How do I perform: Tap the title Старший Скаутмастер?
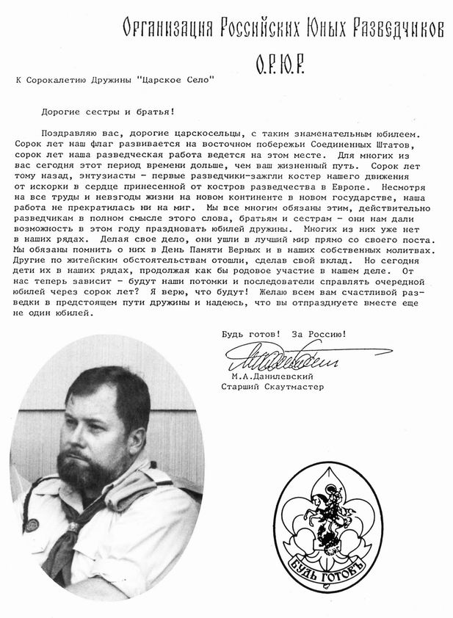(272, 386)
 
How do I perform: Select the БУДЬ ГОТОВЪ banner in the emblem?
(328, 573)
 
